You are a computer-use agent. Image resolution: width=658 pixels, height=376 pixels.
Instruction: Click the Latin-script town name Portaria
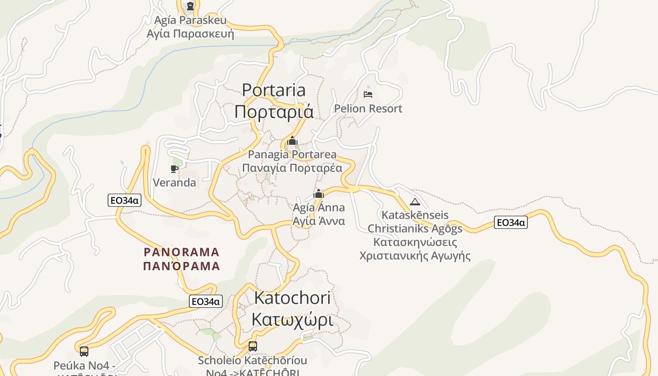(x=274, y=90)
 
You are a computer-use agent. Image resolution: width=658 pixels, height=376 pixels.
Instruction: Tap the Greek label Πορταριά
(x=274, y=112)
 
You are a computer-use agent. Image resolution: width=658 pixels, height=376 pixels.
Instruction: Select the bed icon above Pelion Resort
(x=368, y=94)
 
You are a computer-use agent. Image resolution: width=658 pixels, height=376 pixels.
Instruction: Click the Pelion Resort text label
(x=368, y=109)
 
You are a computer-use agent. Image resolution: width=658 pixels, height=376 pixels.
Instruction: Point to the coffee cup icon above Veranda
(x=174, y=169)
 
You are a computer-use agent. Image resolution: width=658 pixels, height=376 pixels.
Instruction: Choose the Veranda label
(x=174, y=182)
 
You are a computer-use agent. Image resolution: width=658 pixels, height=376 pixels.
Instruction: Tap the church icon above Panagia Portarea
(x=292, y=141)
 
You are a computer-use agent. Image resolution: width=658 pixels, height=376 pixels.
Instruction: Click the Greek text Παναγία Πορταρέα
(x=292, y=168)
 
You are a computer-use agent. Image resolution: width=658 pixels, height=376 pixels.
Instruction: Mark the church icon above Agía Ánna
(x=319, y=194)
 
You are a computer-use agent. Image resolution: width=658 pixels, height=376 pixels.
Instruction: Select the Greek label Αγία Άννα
(x=319, y=221)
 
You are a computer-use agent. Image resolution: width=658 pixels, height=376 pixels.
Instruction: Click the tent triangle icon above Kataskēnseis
(x=415, y=202)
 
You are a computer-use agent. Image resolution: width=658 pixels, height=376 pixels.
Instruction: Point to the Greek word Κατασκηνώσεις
(x=415, y=243)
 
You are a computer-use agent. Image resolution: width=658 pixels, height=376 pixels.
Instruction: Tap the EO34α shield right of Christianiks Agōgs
(x=510, y=222)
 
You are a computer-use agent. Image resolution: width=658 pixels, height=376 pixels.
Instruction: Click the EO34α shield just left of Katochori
(x=205, y=301)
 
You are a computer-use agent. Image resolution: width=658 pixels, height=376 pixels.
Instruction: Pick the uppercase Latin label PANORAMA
(x=181, y=252)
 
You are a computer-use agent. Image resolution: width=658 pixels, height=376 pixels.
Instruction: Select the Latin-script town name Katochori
(x=292, y=298)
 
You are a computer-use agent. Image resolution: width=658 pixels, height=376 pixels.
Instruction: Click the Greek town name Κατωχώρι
(x=292, y=320)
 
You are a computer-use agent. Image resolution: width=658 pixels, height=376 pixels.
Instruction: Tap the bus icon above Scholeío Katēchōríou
(x=252, y=346)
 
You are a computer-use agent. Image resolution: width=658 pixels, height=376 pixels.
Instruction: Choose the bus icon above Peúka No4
(x=84, y=351)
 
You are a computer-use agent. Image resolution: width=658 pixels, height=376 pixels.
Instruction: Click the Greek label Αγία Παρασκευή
(x=190, y=34)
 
